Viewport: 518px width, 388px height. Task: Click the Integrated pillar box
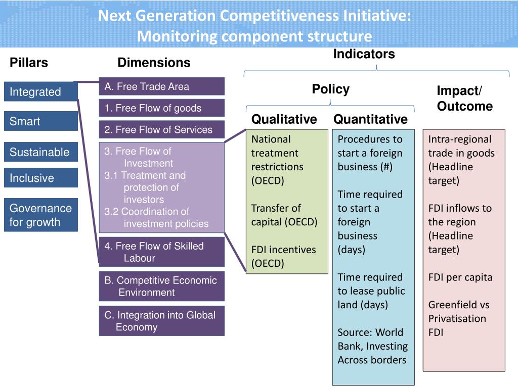pyautogui.click(x=41, y=92)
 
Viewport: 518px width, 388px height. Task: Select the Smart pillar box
pyautogui.click(x=41, y=121)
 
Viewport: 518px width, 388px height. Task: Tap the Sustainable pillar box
pyautogui.click(x=41, y=152)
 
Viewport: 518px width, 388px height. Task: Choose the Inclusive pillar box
pyautogui.click(x=41, y=178)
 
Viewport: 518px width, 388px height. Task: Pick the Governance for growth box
pyautogui.click(x=41, y=215)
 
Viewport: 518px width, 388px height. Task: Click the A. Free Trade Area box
pyautogui.click(x=161, y=86)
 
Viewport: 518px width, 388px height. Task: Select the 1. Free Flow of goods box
pyautogui.click(x=161, y=108)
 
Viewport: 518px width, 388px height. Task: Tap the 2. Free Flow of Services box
pyautogui.click(x=161, y=130)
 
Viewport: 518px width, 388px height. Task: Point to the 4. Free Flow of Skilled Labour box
pyautogui.click(x=161, y=252)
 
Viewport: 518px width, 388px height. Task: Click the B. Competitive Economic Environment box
pyautogui.click(x=161, y=286)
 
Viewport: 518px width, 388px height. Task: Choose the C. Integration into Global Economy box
pyautogui.click(x=161, y=321)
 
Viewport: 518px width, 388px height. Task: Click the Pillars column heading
pyautogui.click(x=29, y=63)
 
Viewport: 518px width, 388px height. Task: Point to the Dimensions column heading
pyautogui.click(x=154, y=63)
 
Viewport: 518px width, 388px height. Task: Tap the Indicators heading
pyautogui.click(x=364, y=54)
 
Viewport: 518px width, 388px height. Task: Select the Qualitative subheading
pyautogui.click(x=284, y=119)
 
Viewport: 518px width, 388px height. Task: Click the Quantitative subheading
pyautogui.click(x=370, y=119)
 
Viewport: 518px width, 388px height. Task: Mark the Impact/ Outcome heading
pyautogui.click(x=464, y=99)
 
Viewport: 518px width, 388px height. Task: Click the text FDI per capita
pyautogui.click(x=460, y=277)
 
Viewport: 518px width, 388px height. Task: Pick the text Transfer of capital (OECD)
pyautogui.click(x=284, y=215)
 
